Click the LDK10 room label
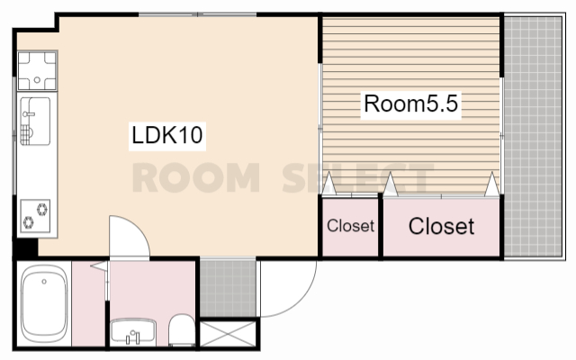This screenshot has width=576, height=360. coord(167,135)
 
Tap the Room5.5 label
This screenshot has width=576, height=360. coord(410,103)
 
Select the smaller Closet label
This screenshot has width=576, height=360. coord(350,226)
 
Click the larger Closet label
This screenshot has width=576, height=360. coord(441,226)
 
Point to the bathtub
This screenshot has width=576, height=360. coord(44,303)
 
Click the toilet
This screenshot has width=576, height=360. coord(182,329)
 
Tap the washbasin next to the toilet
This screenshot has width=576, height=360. coord(133,331)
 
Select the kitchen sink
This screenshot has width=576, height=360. coord(35,121)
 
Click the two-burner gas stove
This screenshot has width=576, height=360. coord(35,216)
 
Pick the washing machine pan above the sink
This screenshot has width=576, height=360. coord(37,70)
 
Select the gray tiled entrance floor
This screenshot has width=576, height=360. coord(228,288)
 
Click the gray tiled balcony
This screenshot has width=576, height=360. coord(533,137)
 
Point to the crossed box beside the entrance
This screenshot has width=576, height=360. coord(228,334)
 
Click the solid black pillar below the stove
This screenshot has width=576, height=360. coord(26,248)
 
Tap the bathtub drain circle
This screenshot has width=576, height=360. coord(44,282)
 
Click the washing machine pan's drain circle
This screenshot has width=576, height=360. coord(37,80)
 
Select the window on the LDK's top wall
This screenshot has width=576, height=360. coord(198,14)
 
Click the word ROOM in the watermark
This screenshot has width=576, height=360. coord(196,178)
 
